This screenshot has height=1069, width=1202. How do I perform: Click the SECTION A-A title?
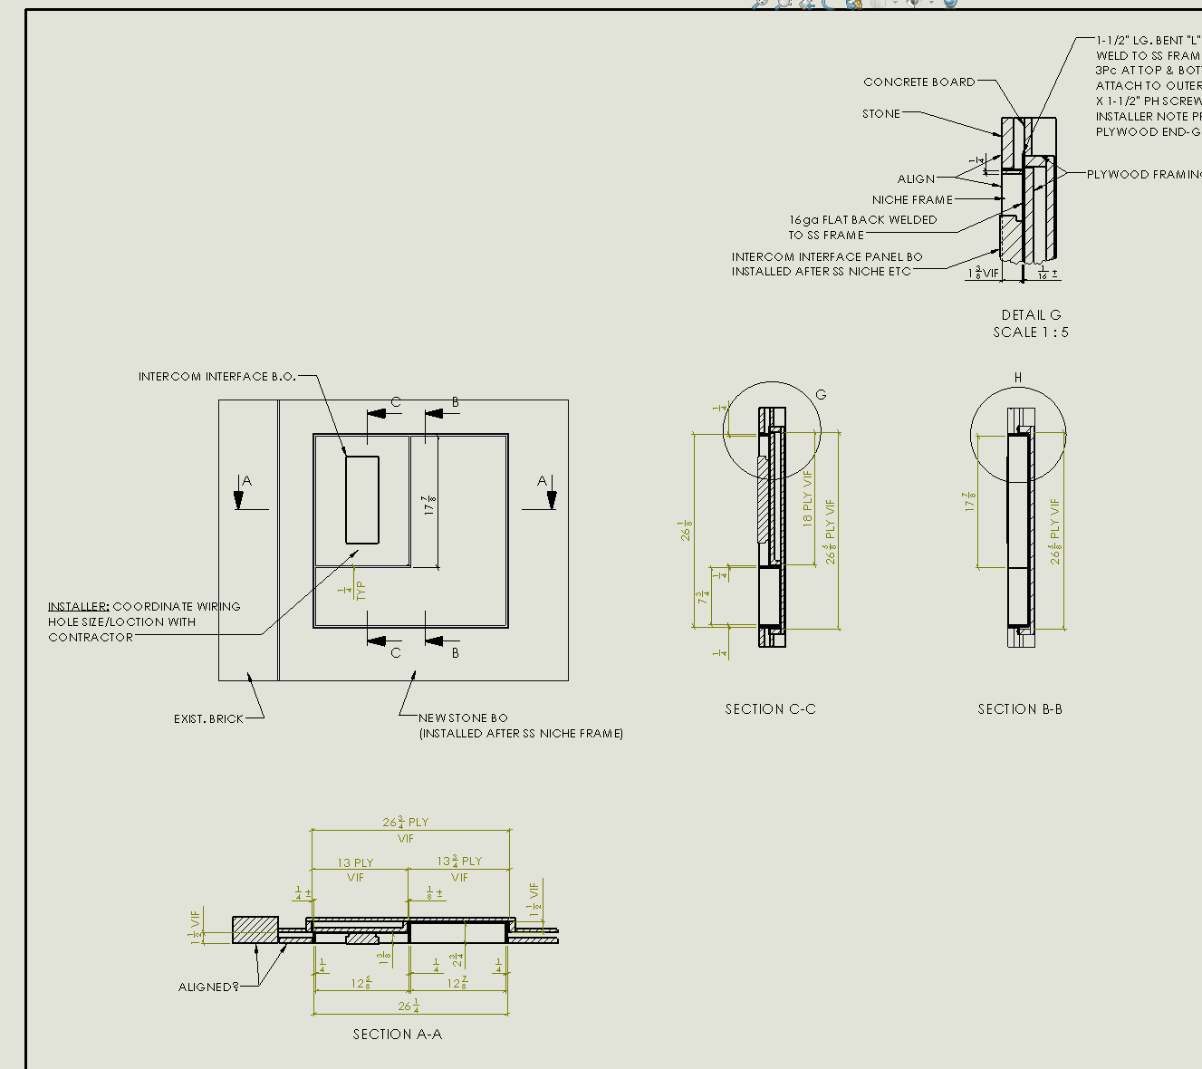click(x=397, y=1034)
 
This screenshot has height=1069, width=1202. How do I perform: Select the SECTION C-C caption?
click(x=770, y=709)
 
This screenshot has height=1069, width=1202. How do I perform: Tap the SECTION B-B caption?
click(x=1020, y=709)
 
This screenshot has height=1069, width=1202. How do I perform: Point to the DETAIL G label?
click(x=1031, y=315)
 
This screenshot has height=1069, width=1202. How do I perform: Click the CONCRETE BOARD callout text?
click(x=919, y=82)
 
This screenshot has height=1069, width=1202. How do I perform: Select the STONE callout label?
click(x=881, y=114)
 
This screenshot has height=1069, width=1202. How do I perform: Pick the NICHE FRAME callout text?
click(x=912, y=200)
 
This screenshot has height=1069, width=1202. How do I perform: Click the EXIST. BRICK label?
click(x=208, y=719)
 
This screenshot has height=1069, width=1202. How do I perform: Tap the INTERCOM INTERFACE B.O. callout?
click(x=217, y=377)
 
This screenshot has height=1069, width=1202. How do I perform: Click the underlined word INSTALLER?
click(x=79, y=607)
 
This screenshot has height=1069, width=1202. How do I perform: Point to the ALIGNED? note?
click(x=208, y=987)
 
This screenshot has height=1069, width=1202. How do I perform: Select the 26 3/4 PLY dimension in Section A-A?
click(x=405, y=823)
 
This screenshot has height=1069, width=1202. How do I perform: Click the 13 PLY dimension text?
click(x=355, y=863)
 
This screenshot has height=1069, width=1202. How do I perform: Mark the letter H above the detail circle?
click(x=1018, y=378)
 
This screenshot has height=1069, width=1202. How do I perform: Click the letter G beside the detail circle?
click(x=822, y=395)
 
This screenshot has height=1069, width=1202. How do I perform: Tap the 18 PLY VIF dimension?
click(x=808, y=497)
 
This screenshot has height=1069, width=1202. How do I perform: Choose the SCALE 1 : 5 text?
click(x=1031, y=332)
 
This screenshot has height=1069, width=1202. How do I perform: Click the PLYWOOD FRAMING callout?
click(x=1143, y=175)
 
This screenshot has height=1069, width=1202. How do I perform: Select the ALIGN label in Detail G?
click(x=916, y=179)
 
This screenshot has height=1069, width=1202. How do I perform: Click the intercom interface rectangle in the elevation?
click(x=362, y=500)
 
